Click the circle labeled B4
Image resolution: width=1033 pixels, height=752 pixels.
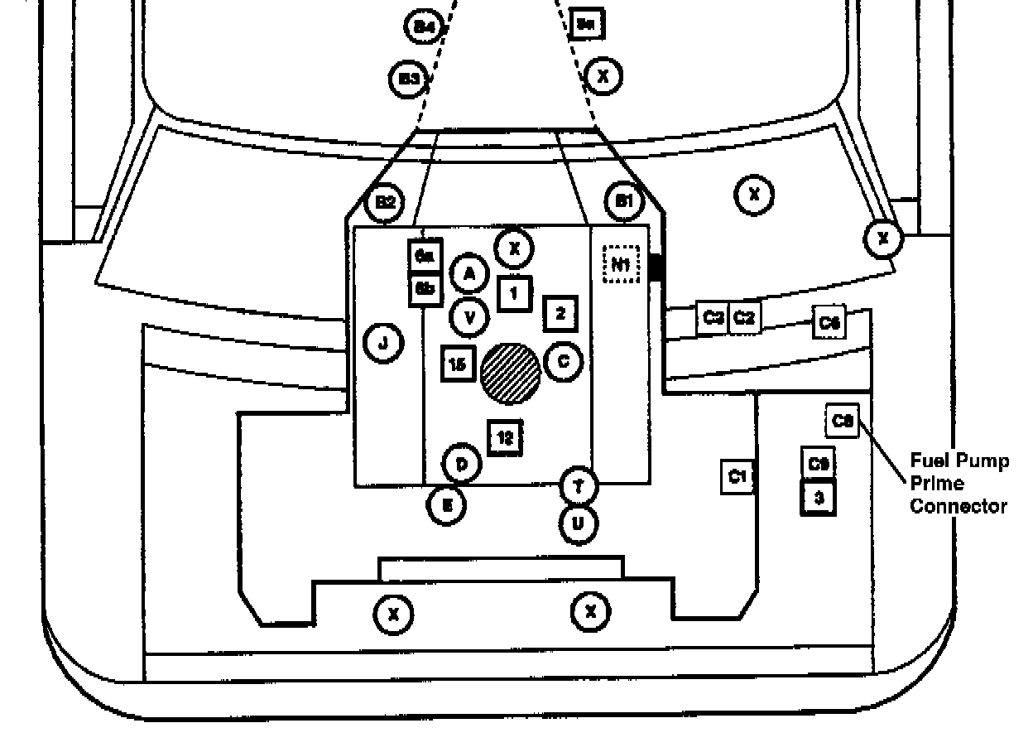pos(424,27)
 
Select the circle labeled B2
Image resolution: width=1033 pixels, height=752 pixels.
pos(385,202)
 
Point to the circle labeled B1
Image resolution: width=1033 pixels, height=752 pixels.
pos(624,201)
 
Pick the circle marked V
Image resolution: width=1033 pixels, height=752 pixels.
pos(469,316)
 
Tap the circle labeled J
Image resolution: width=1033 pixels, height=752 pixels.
pos(383,342)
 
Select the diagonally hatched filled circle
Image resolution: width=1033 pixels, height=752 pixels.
pos(511,374)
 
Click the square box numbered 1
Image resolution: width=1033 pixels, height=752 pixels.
pos(514,292)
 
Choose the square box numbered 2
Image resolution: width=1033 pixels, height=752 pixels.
pos(560,313)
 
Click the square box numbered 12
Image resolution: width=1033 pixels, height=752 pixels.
pos(505,439)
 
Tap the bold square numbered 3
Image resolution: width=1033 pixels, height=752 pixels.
pos(819,498)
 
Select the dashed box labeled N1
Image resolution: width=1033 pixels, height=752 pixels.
pos(622,265)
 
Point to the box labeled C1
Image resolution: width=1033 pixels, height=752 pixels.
pos(738,476)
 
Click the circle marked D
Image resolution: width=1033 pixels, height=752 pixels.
pos(462,464)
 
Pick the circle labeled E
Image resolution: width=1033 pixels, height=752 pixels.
pos(446,504)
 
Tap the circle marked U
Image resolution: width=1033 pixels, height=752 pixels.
pos(579,523)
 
